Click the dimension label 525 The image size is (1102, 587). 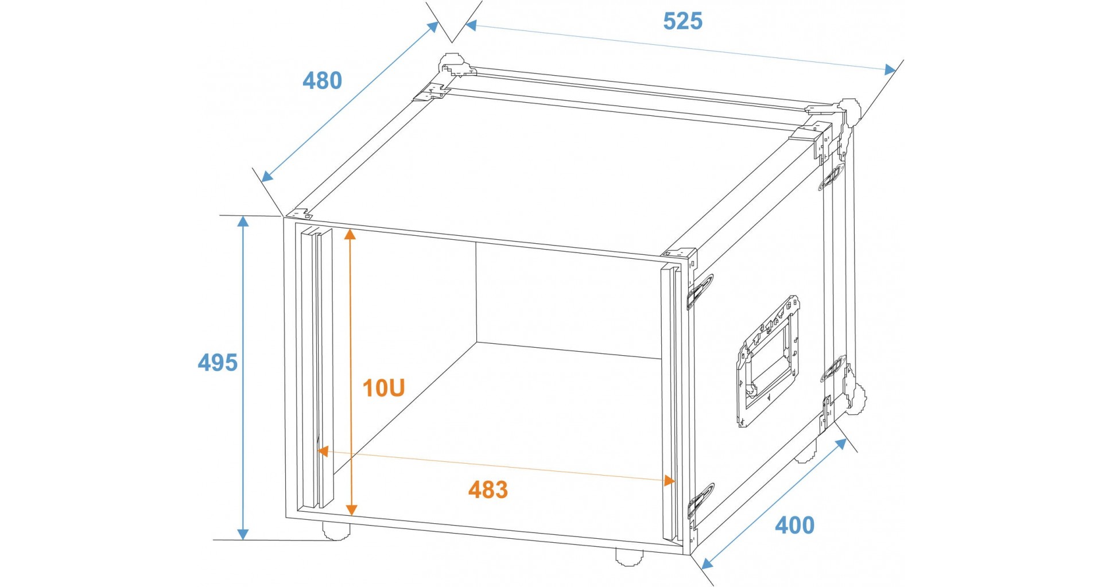click(x=682, y=21)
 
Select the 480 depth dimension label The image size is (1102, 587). click(x=322, y=81)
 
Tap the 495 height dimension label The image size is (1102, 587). click(x=218, y=363)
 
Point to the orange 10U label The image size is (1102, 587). click(x=383, y=388)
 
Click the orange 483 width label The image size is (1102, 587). click(x=488, y=490)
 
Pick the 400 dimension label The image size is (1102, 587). click(x=794, y=525)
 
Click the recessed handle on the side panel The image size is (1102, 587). click(x=768, y=361)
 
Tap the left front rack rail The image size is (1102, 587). click(x=316, y=367)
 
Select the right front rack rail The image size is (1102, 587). click(x=669, y=402)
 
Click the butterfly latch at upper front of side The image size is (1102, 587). click(x=701, y=290)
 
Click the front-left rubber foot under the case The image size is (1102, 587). click(x=336, y=531)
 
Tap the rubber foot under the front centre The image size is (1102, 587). click(x=630, y=555)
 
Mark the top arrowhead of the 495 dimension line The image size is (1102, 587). click(x=244, y=222)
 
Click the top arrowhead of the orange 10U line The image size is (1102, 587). click(x=351, y=234)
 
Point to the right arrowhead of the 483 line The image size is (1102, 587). click(x=669, y=481)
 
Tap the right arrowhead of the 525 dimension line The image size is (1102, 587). click(x=889, y=69)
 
